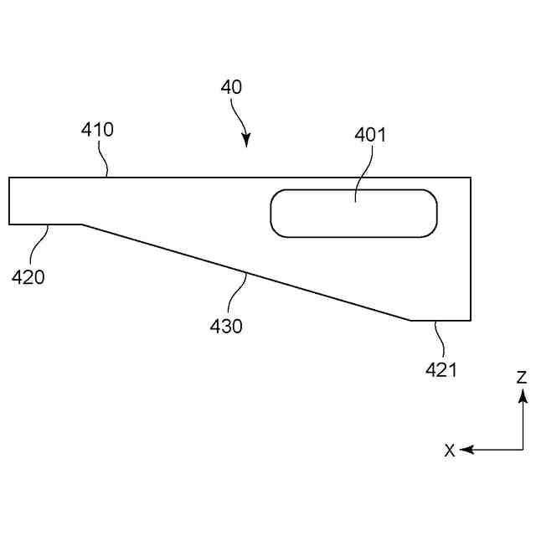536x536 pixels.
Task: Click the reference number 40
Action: pyautogui.click(x=232, y=87)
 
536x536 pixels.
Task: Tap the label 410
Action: pyautogui.click(x=97, y=130)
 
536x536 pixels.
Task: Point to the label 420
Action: pyautogui.click(x=28, y=277)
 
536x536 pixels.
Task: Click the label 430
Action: pyautogui.click(x=226, y=326)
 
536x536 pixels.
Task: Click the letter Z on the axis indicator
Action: pyautogui.click(x=521, y=377)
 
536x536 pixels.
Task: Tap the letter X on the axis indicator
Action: pyautogui.click(x=450, y=451)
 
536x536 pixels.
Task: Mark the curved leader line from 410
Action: pyautogui.click(x=103, y=158)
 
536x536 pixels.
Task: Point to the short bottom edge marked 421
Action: pyautogui.click(x=441, y=320)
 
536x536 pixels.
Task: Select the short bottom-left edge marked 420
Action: pyautogui.click(x=46, y=224)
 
